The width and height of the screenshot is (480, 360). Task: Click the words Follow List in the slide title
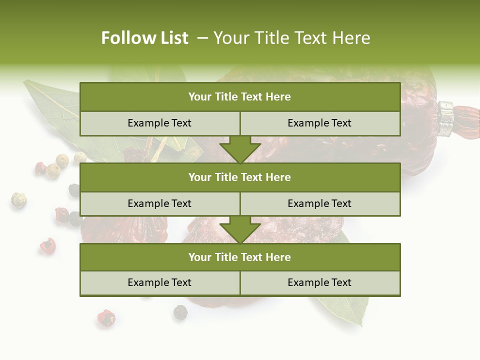click(x=144, y=38)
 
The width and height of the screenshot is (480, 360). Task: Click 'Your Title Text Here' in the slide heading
click(x=291, y=38)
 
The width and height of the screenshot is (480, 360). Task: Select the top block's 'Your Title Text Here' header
click(x=239, y=97)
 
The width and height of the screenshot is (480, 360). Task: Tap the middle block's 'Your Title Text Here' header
click(x=239, y=177)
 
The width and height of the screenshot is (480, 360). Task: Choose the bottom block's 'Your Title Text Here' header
click(x=239, y=257)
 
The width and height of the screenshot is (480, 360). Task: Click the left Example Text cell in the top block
click(x=159, y=123)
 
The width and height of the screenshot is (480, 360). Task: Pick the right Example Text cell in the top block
click(x=319, y=123)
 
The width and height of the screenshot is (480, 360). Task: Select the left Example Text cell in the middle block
click(x=159, y=203)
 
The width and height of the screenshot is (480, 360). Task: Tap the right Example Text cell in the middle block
click(x=319, y=203)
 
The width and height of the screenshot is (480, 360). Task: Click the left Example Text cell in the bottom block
click(x=159, y=282)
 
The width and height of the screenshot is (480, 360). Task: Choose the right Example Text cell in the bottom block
click(x=319, y=282)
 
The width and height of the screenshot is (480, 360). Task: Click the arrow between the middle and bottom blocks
click(x=240, y=229)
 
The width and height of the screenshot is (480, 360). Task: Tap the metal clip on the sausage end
click(x=446, y=118)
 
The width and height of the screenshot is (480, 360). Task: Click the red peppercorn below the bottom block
click(x=105, y=318)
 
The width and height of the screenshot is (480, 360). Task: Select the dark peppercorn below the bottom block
click(x=179, y=312)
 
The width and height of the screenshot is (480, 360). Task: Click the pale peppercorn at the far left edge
click(x=18, y=200)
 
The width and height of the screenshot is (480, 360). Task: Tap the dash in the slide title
click(x=203, y=38)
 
